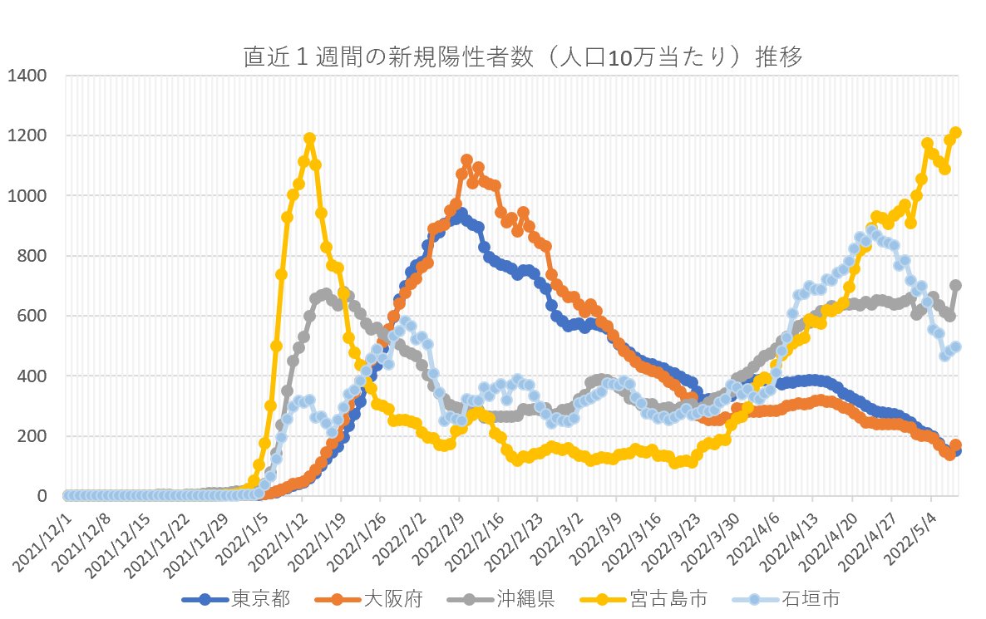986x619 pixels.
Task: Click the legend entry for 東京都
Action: [x=255, y=598]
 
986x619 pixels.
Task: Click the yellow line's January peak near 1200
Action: [x=309, y=139]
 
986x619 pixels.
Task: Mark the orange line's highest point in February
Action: [x=466, y=160]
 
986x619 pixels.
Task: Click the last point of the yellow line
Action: [x=956, y=133]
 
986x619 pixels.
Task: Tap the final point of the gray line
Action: [x=956, y=285]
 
